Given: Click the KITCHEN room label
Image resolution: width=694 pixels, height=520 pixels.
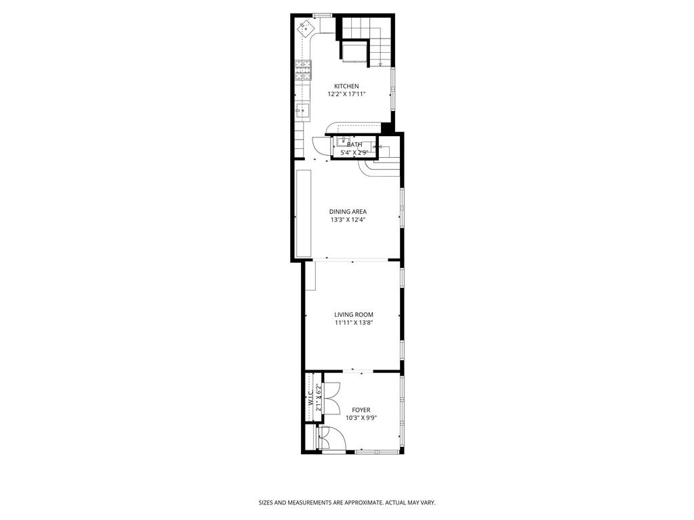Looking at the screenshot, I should click(x=346, y=86).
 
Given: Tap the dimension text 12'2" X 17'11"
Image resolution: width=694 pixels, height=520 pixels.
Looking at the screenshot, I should click(x=346, y=94).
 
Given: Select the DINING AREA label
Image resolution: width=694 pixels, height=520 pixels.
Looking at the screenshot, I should click(x=348, y=212).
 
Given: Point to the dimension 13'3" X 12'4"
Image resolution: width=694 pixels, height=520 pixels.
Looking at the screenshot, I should click(x=348, y=220).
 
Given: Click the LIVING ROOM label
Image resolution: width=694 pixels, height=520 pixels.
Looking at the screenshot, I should click(x=353, y=314).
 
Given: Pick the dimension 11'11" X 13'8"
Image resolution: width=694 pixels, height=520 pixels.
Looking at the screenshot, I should click(x=353, y=323).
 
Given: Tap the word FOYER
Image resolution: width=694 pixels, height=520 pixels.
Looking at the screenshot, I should click(x=361, y=410).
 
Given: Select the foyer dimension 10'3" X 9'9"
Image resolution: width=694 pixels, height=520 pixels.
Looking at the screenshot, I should click(x=361, y=418).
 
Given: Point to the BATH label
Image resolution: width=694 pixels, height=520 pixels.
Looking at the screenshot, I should click(x=354, y=144).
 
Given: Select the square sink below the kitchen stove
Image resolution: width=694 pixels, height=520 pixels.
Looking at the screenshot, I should click(x=302, y=110).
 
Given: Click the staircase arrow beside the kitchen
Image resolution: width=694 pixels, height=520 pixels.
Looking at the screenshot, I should click(x=380, y=63).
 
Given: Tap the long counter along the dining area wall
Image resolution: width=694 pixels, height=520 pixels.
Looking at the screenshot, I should click(x=304, y=213).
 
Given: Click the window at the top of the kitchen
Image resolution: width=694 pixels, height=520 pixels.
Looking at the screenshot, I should click(x=322, y=15).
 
